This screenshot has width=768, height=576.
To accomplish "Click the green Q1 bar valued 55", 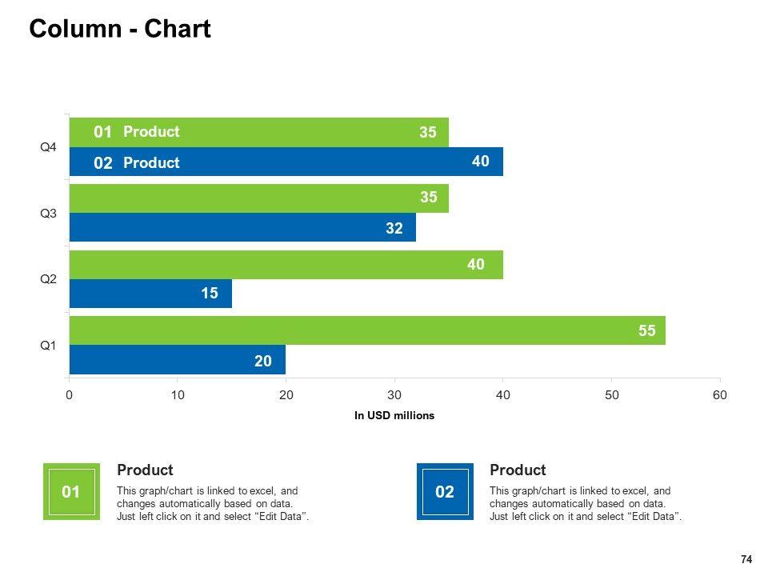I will point(367,330).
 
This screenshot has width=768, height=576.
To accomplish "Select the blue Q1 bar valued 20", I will point(177,361).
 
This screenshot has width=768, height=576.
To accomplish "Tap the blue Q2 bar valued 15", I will point(150,294).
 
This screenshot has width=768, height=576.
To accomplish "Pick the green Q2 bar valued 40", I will point(286,265).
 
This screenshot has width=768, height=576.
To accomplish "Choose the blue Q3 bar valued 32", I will point(242,228).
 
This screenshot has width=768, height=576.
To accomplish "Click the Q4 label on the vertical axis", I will point(49,147).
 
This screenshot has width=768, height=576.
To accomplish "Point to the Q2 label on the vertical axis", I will point(49,279).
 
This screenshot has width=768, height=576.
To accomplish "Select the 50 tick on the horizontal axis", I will point(611,394).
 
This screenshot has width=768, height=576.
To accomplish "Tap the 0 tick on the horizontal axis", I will point(70,394).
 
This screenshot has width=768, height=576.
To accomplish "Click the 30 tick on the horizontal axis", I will point(394,394).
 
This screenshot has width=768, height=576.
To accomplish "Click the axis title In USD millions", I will point(394,415).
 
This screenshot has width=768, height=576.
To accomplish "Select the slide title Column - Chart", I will point(120,30).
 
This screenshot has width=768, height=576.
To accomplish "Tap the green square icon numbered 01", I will point(71,492).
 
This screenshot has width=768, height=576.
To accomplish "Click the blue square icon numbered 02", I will point(445,492).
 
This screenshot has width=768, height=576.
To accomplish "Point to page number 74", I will point(746,559).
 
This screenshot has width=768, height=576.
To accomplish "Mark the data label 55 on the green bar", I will point(647,330).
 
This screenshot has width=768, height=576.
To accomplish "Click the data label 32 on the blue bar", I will point(394,228).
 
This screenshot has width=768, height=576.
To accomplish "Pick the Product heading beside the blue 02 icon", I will point(518,470).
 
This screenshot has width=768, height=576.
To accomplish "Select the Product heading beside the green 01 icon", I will point(145,470).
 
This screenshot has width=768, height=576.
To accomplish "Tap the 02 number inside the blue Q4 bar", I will point(103,163).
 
